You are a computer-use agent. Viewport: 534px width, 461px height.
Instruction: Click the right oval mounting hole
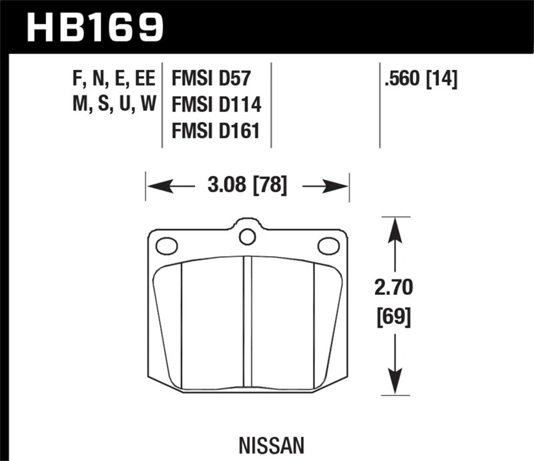[x=328, y=246]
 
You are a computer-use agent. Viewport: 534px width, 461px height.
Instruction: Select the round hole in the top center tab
[x=248, y=236]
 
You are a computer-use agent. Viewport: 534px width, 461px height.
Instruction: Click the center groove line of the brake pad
[x=248, y=320]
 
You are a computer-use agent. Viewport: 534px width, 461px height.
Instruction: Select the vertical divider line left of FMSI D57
[x=164, y=107]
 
